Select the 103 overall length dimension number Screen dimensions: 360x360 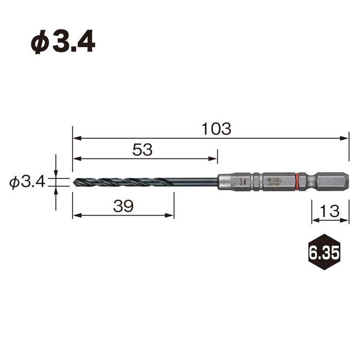tap(217, 129)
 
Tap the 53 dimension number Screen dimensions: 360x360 tap(142, 150)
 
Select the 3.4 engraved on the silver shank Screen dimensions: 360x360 tap(242, 182)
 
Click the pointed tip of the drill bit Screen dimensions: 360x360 tap(75, 182)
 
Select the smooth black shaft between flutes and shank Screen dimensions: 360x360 tap(195, 182)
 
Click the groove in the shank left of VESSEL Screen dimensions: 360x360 tap(256, 182)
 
